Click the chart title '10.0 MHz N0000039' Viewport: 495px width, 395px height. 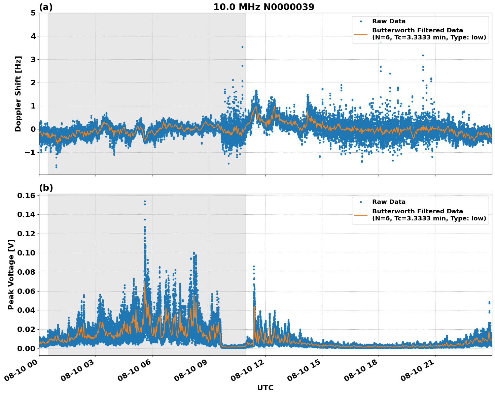click(264, 7)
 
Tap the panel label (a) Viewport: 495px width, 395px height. click(46, 7)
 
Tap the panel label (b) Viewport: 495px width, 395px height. click(46, 188)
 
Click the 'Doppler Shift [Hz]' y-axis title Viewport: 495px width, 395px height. click(18, 94)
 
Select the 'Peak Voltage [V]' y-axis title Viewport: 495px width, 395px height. click(11, 274)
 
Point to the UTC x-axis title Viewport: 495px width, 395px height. click(265, 388)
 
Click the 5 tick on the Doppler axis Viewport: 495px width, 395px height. click(33, 13)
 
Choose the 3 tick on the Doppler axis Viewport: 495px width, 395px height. click(33, 60)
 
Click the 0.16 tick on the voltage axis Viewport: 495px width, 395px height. click(26, 196)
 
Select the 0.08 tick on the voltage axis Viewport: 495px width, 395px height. click(26, 272)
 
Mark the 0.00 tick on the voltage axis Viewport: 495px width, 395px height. click(26, 348)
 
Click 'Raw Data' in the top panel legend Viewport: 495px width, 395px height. click(389, 21)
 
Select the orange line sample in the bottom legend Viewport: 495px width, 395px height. click(361, 215)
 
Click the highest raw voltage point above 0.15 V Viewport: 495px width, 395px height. click(145, 202)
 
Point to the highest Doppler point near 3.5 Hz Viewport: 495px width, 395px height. click(242, 47)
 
